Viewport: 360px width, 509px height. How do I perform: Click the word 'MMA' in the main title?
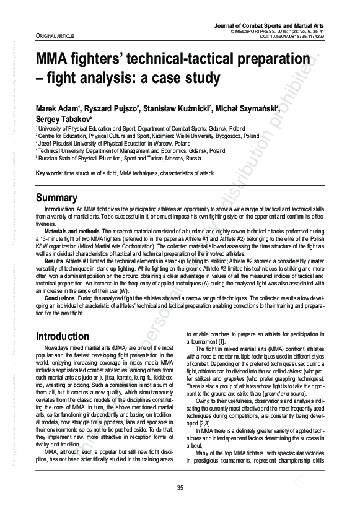(x=55, y=59)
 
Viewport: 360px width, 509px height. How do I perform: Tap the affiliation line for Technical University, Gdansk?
(x=131, y=150)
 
